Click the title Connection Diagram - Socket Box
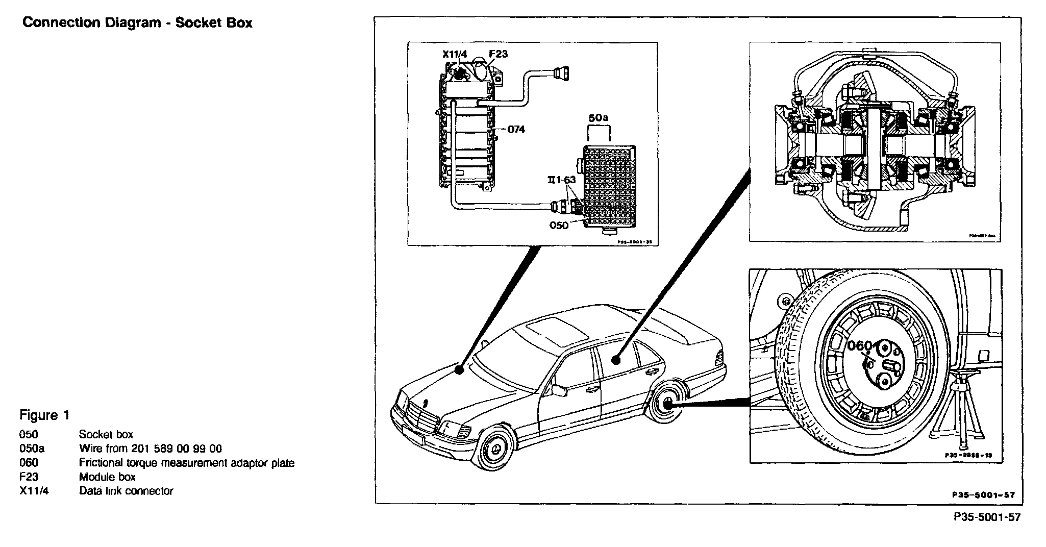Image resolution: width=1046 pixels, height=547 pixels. click(137, 23)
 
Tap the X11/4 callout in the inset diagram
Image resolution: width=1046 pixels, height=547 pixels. click(455, 54)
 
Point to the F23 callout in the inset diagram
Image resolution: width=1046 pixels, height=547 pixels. click(498, 54)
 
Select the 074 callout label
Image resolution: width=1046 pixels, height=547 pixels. click(516, 130)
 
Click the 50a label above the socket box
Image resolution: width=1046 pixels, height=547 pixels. click(599, 118)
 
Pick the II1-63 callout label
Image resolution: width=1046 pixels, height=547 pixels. click(561, 180)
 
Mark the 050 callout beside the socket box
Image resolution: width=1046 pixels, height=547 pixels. click(559, 225)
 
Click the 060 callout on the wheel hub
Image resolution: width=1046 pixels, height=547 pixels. click(859, 346)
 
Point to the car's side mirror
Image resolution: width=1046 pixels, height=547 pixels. click(559, 390)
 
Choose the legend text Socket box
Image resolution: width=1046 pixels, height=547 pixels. click(106, 434)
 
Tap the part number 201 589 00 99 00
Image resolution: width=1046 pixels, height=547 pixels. click(176, 449)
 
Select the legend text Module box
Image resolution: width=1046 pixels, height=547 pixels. click(107, 477)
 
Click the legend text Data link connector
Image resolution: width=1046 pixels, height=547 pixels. click(126, 491)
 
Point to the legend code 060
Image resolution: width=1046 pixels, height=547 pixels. click(29, 463)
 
